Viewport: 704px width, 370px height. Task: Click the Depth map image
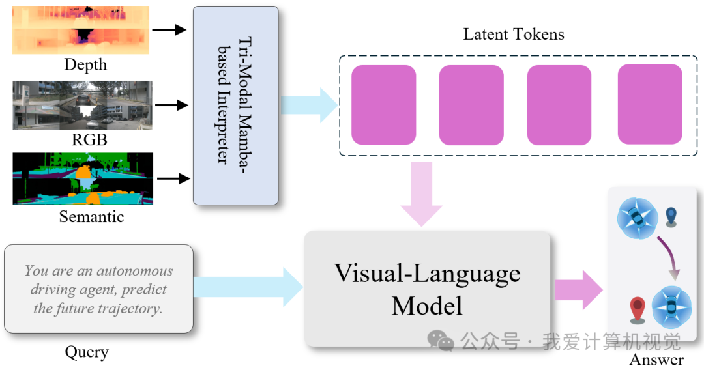[x=81, y=30]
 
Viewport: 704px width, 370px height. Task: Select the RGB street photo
[x=82, y=105]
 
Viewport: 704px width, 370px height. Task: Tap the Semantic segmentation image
[x=83, y=178]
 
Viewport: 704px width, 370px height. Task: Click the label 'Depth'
[x=85, y=65]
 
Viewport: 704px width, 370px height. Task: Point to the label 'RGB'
[x=89, y=140]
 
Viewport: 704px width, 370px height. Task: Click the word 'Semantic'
[x=91, y=216]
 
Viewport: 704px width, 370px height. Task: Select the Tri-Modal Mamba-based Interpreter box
[x=235, y=106]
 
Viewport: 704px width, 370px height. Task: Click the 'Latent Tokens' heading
[x=514, y=35]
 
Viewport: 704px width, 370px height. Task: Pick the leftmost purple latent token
[x=383, y=105]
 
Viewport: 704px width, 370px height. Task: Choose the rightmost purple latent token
[x=650, y=104]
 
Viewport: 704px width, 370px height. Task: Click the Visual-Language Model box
[x=427, y=289]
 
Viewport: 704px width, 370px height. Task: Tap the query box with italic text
[x=98, y=289]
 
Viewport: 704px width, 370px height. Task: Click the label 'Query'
[x=87, y=352]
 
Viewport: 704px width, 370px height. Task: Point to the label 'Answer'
[x=656, y=360]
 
